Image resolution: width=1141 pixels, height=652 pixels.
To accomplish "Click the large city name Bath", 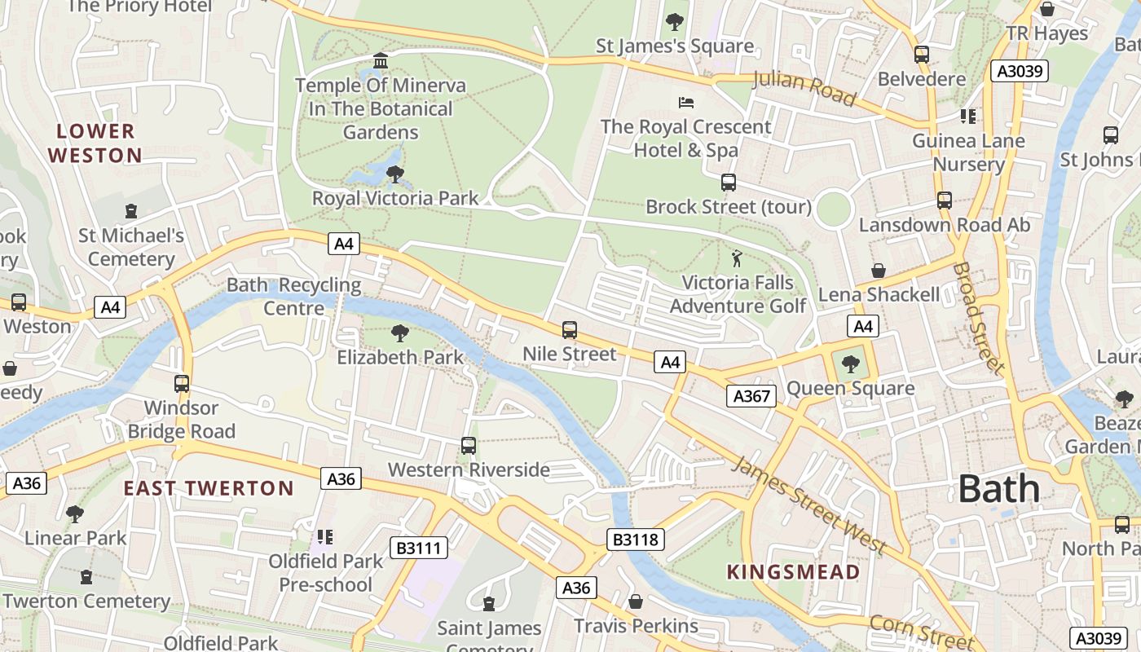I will (x=998, y=489).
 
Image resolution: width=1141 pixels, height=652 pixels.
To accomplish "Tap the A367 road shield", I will (x=751, y=396).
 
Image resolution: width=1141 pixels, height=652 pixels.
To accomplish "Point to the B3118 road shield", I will (x=636, y=539).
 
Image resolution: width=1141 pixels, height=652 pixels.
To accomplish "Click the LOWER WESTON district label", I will (x=95, y=143).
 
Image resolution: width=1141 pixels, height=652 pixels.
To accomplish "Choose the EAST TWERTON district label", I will (x=209, y=488).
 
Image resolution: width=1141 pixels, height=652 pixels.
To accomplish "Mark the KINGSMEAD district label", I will (x=793, y=572).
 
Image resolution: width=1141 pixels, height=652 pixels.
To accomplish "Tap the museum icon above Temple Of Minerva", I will (x=380, y=61).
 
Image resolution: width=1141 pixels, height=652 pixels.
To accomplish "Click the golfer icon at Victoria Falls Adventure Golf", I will (x=737, y=258).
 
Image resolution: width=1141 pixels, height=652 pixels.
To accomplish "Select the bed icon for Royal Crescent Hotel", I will (x=686, y=103).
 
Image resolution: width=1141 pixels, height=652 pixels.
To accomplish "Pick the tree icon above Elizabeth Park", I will (x=399, y=333).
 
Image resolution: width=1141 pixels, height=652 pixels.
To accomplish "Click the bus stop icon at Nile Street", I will (x=570, y=330).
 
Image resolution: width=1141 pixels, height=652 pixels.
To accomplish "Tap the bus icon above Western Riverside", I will (x=468, y=445).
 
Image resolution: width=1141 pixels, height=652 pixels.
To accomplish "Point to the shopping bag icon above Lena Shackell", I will (x=879, y=270).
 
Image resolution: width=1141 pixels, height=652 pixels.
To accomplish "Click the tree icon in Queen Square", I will (x=851, y=364).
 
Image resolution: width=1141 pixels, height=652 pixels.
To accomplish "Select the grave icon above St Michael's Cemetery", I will (x=131, y=211).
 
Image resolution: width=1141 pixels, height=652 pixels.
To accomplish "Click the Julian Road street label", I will (x=804, y=88).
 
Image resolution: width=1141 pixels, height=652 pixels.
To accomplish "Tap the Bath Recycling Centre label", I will (x=293, y=297).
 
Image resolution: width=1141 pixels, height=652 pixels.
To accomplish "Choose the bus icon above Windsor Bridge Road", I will (x=181, y=383).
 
